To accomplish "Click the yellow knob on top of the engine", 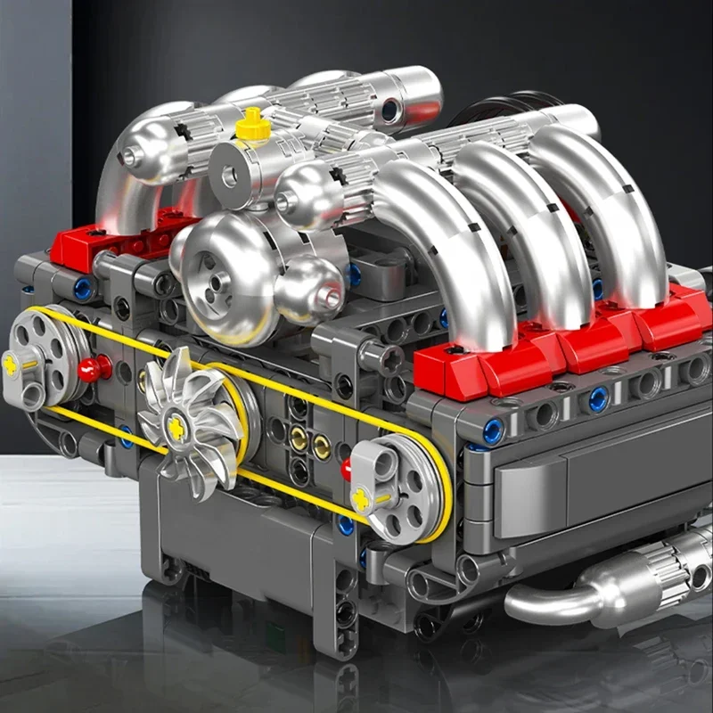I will pyautogui.click(x=253, y=126).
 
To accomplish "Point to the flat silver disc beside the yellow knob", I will pyautogui.click(x=227, y=174).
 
